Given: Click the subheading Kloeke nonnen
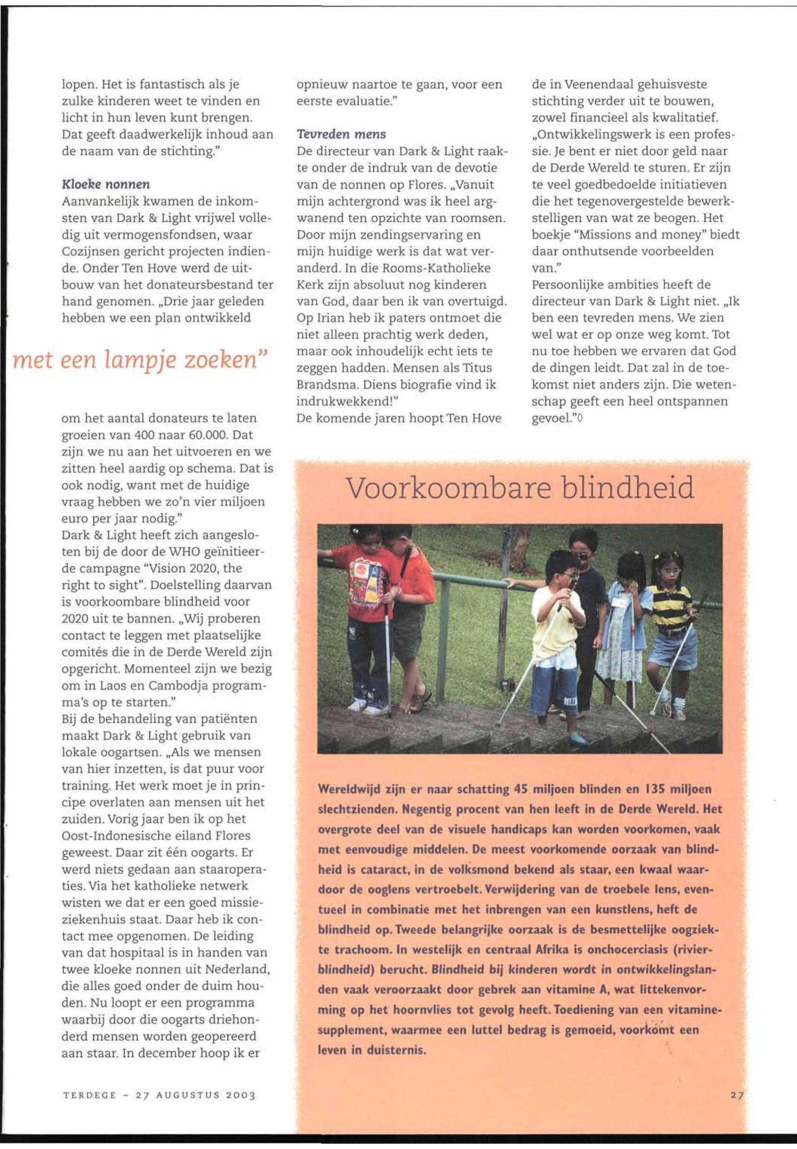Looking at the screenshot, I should click(105, 184).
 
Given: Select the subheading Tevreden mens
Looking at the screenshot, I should click(341, 134).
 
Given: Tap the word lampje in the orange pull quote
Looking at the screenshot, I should click(141, 360).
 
